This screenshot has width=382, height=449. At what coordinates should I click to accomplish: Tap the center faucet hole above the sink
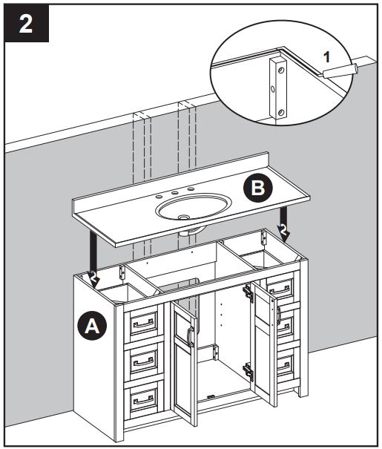(175, 193)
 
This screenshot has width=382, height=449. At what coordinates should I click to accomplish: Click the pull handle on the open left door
(191, 338)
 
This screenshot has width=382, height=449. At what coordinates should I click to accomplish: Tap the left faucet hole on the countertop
(158, 197)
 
